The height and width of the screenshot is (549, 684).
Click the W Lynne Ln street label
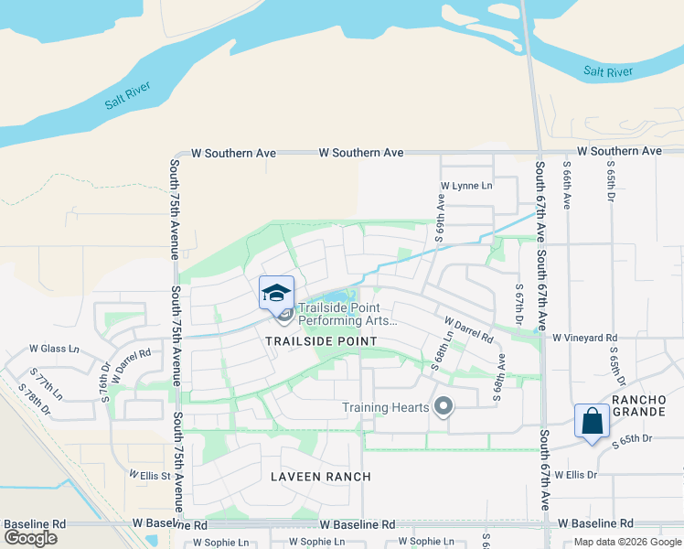point(466,186)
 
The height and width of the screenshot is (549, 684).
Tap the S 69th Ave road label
point(440,217)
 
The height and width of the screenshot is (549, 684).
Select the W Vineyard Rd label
point(585,338)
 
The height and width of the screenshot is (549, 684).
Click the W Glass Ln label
point(55,349)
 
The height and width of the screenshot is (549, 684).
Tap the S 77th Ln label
point(47,383)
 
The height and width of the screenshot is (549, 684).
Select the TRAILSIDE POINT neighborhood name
point(321,341)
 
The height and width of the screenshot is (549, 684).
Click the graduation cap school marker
point(276,293)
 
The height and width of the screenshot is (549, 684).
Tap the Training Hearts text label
point(386,407)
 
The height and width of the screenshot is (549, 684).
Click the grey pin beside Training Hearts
point(444,405)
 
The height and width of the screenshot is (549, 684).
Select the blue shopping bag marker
point(593,421)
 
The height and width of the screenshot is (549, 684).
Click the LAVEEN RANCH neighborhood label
point(321,477)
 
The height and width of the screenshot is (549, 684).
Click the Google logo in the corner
point(30,538)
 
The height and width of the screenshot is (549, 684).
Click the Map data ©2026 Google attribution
point(627,542)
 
